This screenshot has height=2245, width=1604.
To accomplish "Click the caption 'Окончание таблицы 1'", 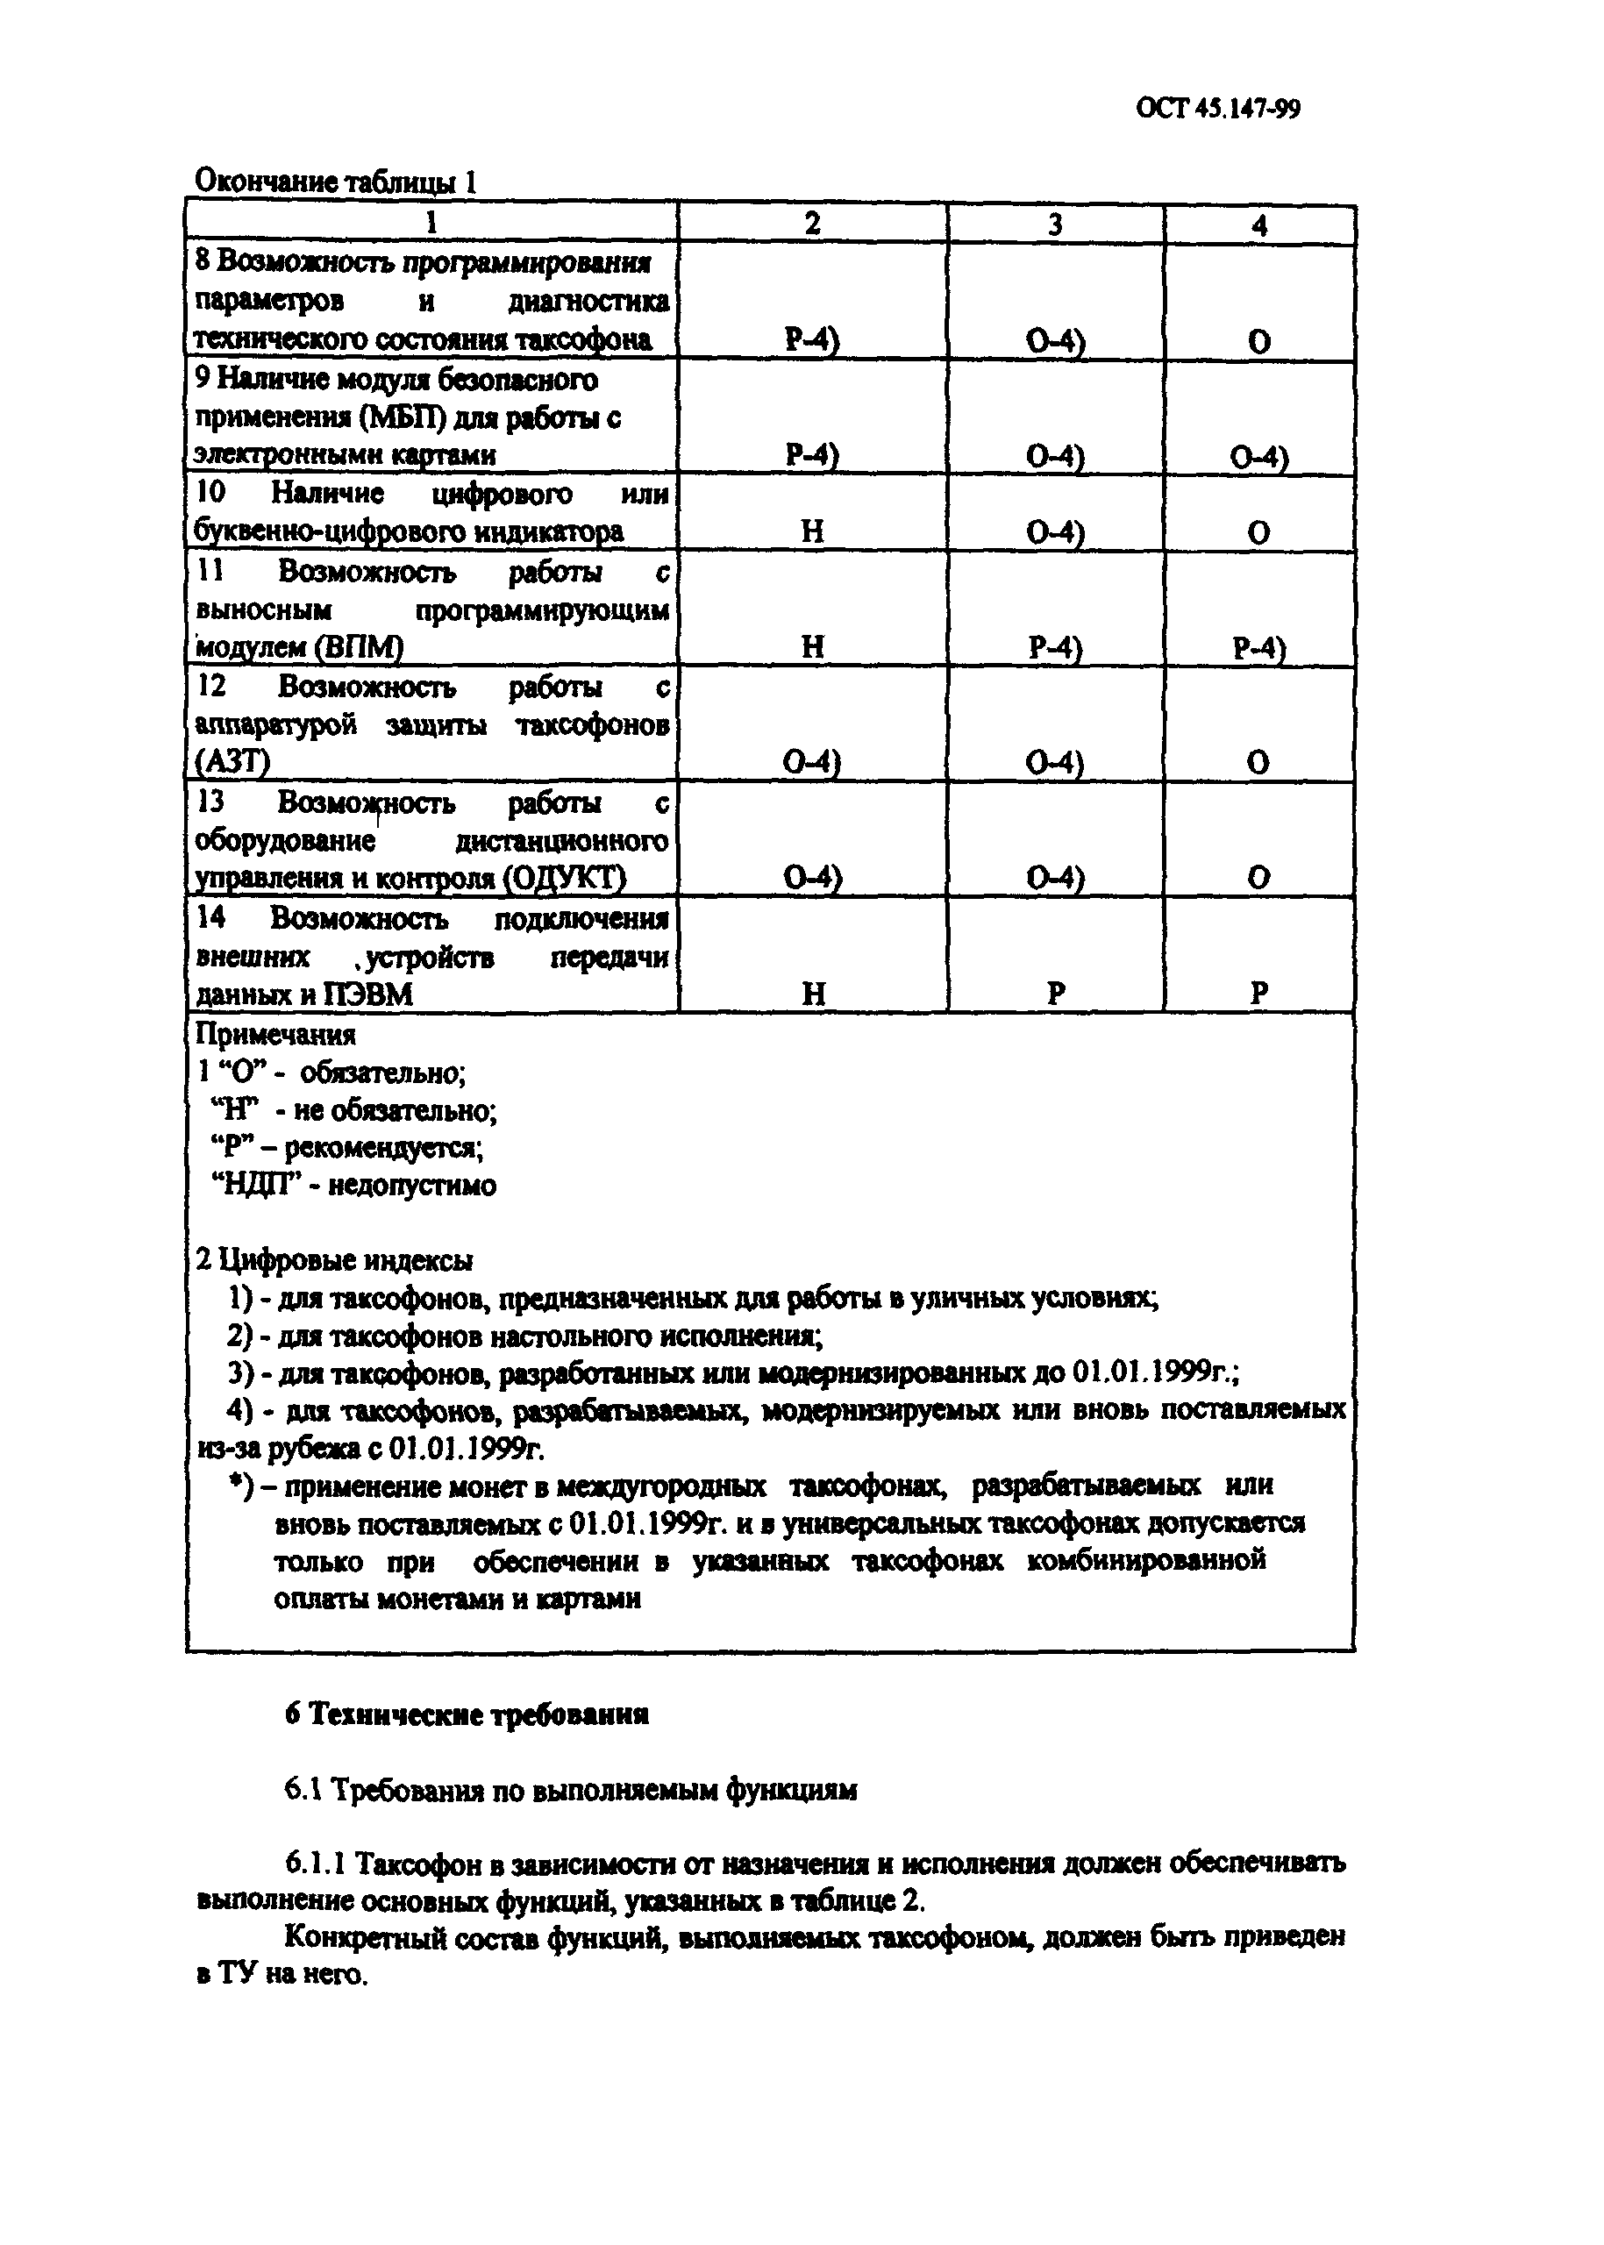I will click(336, 181).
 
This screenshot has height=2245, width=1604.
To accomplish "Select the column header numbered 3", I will click(1055, 224).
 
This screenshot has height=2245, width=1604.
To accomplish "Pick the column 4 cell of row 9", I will click(1258, 456).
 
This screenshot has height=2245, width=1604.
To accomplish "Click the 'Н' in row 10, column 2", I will click(812, 532).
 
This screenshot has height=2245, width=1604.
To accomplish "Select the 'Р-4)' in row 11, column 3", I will click(1055, 648).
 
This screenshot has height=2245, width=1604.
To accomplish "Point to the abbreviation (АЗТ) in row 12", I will click(233, 762).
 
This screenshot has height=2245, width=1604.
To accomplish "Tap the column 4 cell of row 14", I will click(1258, 993).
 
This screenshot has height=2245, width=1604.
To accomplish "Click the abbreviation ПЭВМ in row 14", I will click(369, 994).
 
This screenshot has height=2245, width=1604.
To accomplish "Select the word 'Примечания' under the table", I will click(275, 1034).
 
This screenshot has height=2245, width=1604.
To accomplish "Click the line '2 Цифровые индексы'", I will click(334, 1260).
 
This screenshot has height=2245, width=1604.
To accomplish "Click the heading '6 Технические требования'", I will click(467, 1714).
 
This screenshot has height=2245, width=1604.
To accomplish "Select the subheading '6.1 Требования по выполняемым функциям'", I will click(571, 1790).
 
